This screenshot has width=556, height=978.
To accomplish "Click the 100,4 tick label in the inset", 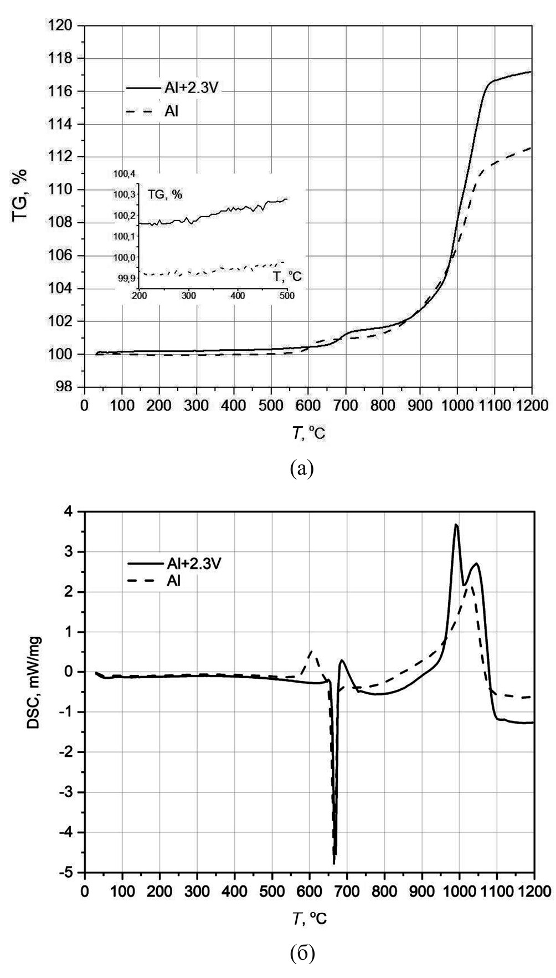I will (x=124, y=175).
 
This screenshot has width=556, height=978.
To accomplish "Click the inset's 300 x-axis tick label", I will (x=188, y=295).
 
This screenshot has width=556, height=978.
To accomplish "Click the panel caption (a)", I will (x=302, y=469).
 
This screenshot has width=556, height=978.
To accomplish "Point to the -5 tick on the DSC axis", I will (x=69, y=872).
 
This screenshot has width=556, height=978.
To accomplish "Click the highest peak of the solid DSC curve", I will (x=456, y=524).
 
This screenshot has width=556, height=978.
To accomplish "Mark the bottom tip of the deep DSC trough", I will (x=334, y=863).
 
